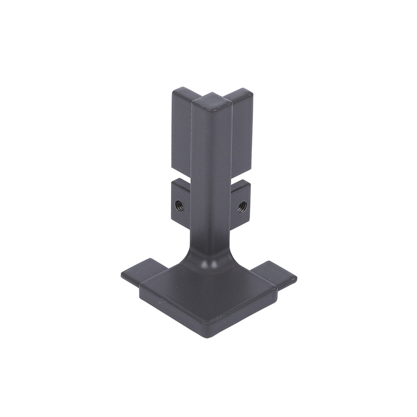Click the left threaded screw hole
coord(179,205)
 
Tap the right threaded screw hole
coord(242,206)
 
